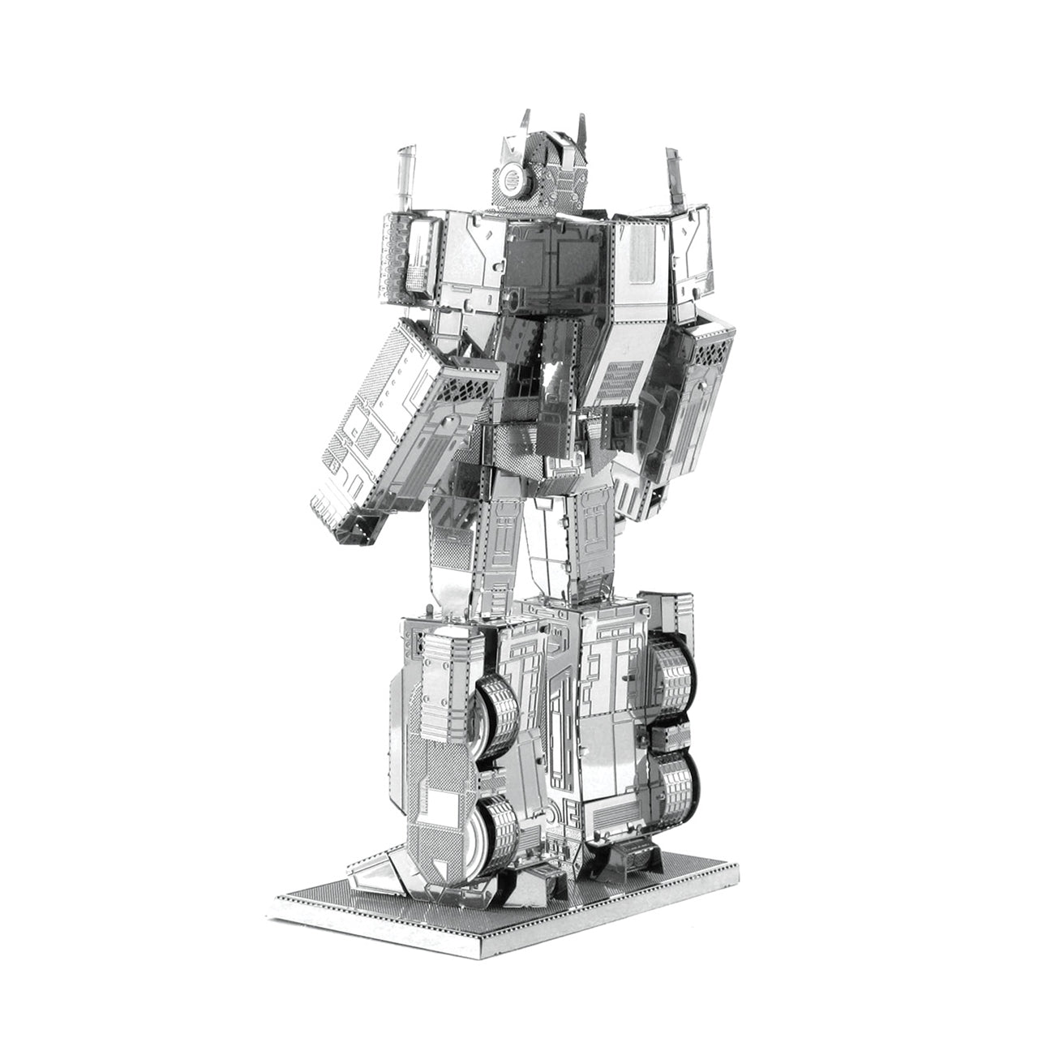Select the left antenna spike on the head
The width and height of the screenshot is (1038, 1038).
click(525, 125)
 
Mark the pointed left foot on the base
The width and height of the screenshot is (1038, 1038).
click(377, 876)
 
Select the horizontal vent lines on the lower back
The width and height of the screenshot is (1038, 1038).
click(620, 380)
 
